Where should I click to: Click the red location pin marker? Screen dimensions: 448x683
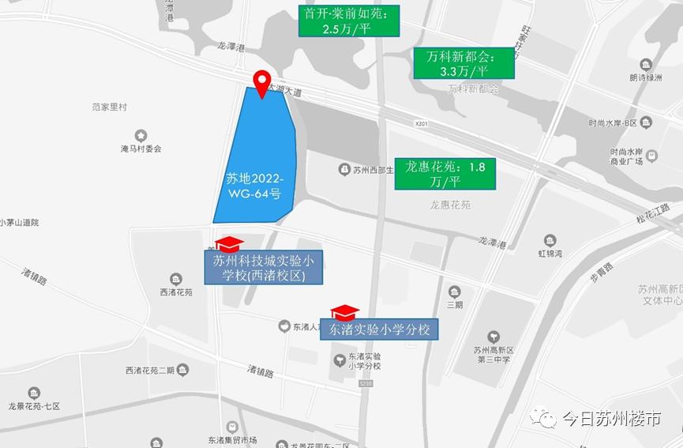pyautogui.click(x=261, y=83)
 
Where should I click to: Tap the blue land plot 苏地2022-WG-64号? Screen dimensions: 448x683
pyautogui.click(x=256, y=158)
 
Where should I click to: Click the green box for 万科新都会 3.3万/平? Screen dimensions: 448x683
pyautogui.click(x=464, y=63)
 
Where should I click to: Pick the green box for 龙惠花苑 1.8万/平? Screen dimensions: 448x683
pyautogui.click(x=445, y=174)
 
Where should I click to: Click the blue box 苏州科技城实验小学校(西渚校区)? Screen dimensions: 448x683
pyautogui.click(x=264, y=268)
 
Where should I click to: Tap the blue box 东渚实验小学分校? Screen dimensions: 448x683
pyautogui.click(x=379, y=329)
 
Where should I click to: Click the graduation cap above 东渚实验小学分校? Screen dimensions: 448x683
pyautogui.click(x=345, y=312)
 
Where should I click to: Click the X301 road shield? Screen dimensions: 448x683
pyautogui.click(x=422, y=124)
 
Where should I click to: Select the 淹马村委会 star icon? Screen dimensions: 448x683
pyautogui.click(x=141, y=135)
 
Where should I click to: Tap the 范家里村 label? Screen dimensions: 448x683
pyautogui.click(x=109, y=107)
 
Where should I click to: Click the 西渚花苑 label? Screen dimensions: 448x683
pyautogui.click(x=176, y=292)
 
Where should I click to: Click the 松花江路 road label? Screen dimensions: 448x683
pyautogui.click(x=652, y=215)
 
